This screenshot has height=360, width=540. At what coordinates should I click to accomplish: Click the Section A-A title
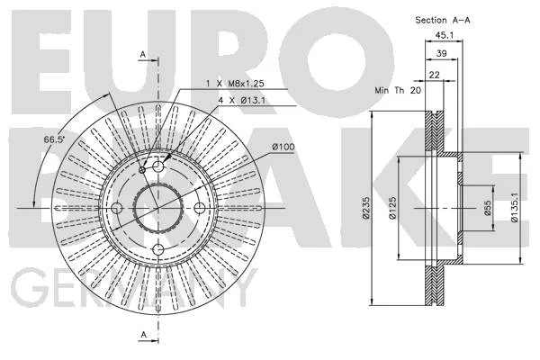click(x=443, y=20)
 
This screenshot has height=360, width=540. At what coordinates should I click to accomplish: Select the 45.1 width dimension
click(x=445, y=35)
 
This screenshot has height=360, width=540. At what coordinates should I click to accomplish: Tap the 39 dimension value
click(x=442, y=53)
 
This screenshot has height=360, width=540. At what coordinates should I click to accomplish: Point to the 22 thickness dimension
click(x=435, y=75)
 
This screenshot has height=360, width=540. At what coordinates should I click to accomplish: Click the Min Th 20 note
click(x=398, y=90)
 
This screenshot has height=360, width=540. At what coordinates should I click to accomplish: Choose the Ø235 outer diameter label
click(x=365, y=208)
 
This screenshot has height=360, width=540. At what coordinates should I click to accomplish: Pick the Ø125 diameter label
click(x=392, y=208)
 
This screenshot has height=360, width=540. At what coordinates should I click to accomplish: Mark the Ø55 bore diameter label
click(x=487, y=208)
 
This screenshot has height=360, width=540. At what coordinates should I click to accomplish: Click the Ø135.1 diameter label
click(x=514, y=207)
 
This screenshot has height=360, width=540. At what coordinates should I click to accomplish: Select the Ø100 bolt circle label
click(x=283, y=147)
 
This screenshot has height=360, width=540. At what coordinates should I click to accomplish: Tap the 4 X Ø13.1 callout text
click(x=242, y=101)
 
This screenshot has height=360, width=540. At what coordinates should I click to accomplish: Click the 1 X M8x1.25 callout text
click(x=235, y=84)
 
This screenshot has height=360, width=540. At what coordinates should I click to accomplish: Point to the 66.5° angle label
click(x=54, y=139)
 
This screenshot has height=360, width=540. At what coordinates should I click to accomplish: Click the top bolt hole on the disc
click(x=157, y=166)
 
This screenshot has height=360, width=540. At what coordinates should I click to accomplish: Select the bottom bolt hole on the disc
click(x=158, y=249)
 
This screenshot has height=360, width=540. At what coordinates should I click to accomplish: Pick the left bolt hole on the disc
click(x=117, y=208)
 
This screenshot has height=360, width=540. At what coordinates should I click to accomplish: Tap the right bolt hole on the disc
click(x=200, y=208)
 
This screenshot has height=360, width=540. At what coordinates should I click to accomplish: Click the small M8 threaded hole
click(x=142, y=170)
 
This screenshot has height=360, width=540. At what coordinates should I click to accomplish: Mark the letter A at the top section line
click(x=143, y=54)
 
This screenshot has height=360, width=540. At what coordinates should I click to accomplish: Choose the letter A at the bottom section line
click(x=144, y=334)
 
